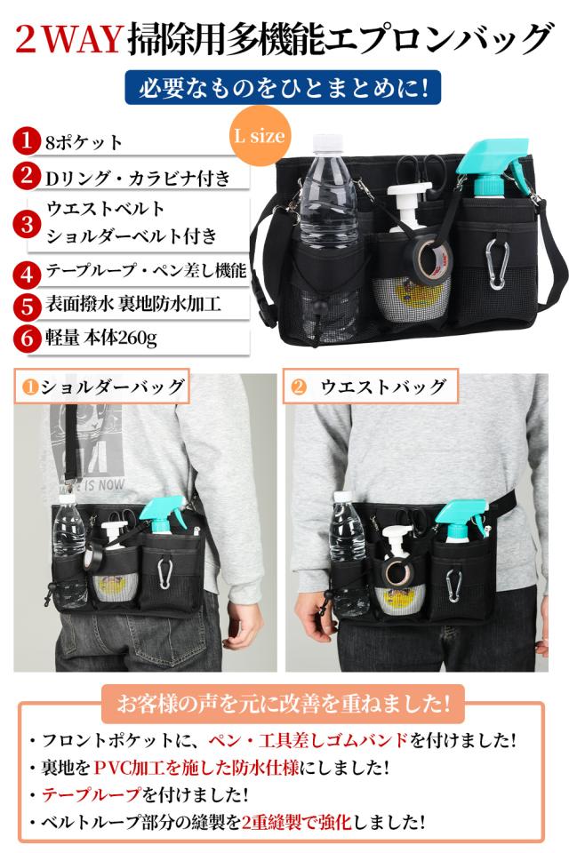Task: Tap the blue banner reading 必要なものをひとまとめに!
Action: point(284,89)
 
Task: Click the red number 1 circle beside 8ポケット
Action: point(27,141)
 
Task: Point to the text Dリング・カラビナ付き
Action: point(137,178)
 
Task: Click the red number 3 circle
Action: point(27,223)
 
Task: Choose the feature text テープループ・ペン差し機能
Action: point(145,270)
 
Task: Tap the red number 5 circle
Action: point(27,306)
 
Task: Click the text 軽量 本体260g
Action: point(108,338)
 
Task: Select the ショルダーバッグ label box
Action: point(103,387)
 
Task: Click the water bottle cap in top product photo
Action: point(327,145)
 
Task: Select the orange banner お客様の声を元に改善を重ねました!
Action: point(284,704)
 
